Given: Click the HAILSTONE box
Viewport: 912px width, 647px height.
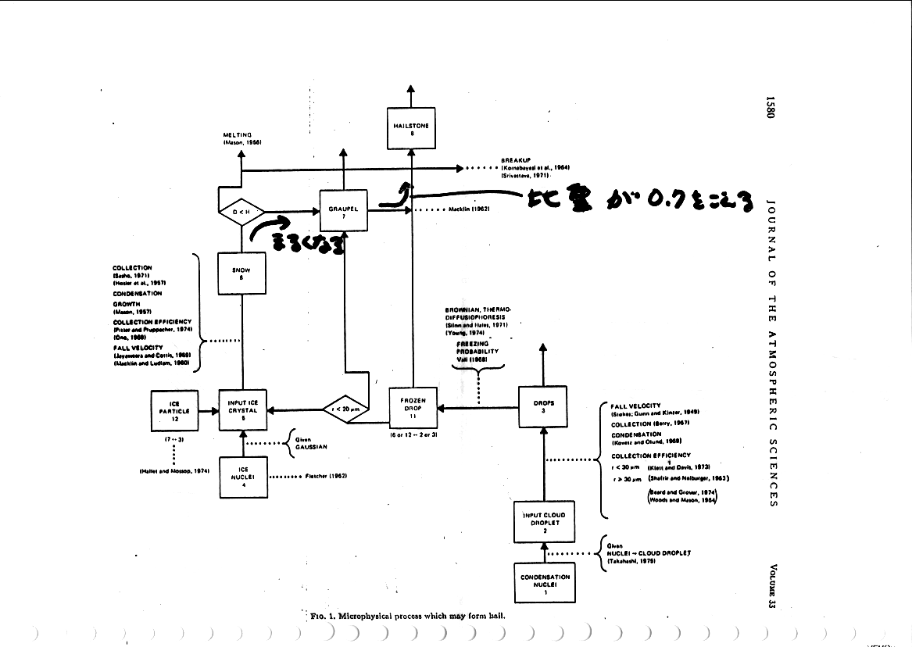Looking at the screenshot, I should [411, 128].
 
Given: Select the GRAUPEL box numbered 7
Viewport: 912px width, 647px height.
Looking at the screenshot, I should [343, 210].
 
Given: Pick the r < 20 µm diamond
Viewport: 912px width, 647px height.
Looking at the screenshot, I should [345, 408].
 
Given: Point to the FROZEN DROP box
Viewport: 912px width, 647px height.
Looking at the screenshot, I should [413, 408].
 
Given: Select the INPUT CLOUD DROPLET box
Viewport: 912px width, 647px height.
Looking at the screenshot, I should [544, 520].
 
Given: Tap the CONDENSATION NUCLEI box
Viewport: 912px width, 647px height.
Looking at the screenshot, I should [545, 582].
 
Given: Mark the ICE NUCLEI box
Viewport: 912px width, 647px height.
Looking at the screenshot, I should [243, 475].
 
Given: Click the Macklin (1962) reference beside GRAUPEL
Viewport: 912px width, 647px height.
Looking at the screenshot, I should [469, 210].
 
